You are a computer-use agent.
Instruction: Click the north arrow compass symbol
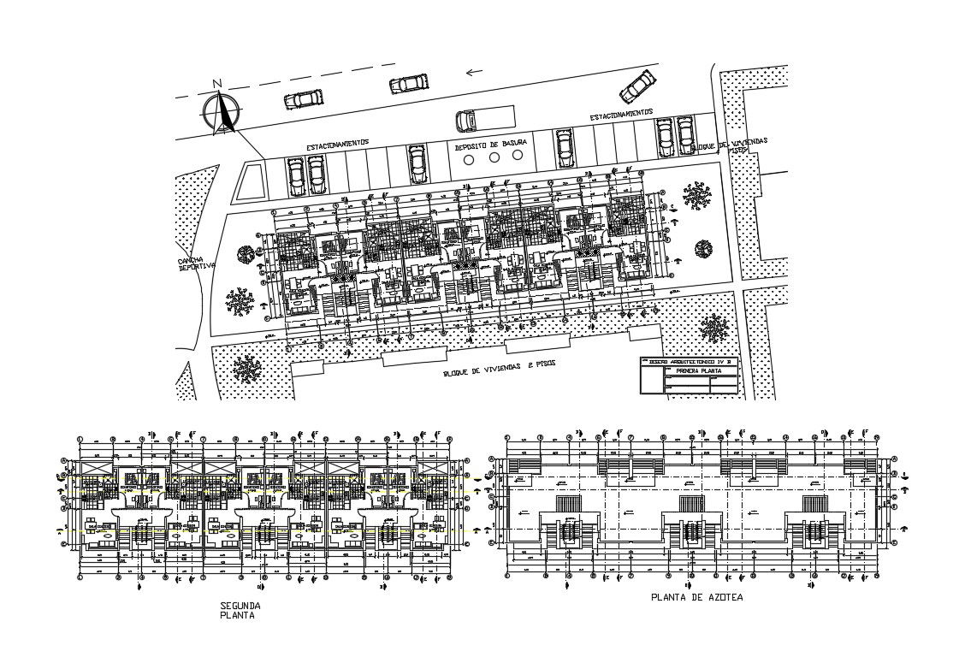pos(222,113)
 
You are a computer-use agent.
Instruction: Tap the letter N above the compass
pos(217,84)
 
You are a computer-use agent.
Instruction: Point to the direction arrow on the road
pos(472,72)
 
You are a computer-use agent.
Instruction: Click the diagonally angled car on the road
pos(637,86)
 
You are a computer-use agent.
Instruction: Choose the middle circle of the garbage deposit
pos(494,158)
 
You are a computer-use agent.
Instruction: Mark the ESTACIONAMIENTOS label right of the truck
pos(620,114)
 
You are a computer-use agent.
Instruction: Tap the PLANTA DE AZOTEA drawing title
pos(696,598)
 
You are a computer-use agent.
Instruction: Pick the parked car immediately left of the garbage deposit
pos(417,163)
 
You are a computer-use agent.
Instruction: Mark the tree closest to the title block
pos(712,328)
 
